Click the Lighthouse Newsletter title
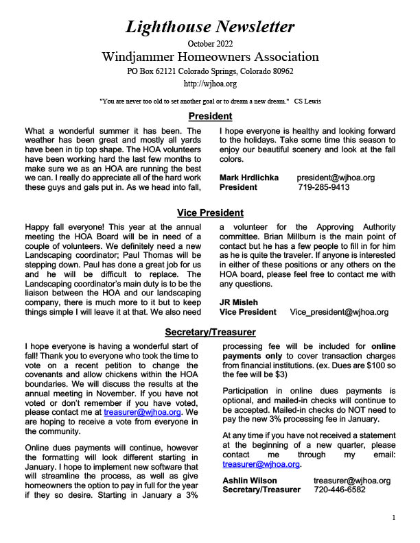point(210,27)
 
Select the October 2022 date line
point(210,44)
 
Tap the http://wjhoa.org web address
point(210,84)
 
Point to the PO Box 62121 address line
point(210,71)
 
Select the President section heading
point(210,116)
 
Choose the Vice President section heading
point(210,213)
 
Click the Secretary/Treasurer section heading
point(210,332)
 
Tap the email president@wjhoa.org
point(336,177)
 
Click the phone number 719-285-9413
point(324,186)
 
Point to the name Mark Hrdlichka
point(248,177)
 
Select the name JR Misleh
point(238,302)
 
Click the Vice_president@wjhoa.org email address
point(339,311)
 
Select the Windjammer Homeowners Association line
point(210,56)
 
